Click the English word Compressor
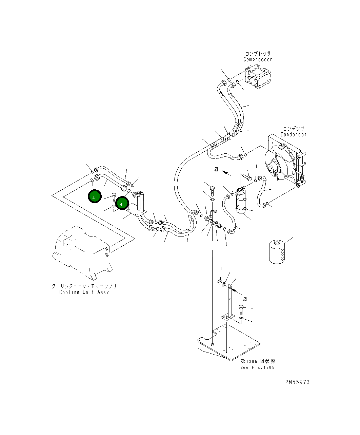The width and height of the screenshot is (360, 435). pyautogui.click(x=258, y=60)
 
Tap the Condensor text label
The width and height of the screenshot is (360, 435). pyautogui.click(x=293, y=135)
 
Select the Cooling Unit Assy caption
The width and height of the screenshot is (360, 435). pyautogui.click(x=84, y=292)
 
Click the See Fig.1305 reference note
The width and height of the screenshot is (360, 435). pyautogui.click(x=257, y=367)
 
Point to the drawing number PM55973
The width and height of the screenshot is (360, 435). pyautogui.click(x=297, y=382)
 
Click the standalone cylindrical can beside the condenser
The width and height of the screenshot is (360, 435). pyautogui.click(x=277, y=252)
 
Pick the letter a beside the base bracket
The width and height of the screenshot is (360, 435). pyautogui.click(x=245, y=299)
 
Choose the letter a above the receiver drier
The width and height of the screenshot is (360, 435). pyautogui.click(x=216, y=169)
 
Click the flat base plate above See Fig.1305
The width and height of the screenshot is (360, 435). pyautogui.click(x=231, y=343)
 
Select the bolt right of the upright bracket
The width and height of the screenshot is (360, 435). pyautogui.click(x=241, y=309)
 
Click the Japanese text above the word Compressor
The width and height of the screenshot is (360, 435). pyautogui.click(x=258, y=54)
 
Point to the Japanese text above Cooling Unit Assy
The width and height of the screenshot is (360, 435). pyautogui.click(x=84, y=286)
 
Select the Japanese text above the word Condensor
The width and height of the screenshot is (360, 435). pyautogui.click(x=293, y=129)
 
